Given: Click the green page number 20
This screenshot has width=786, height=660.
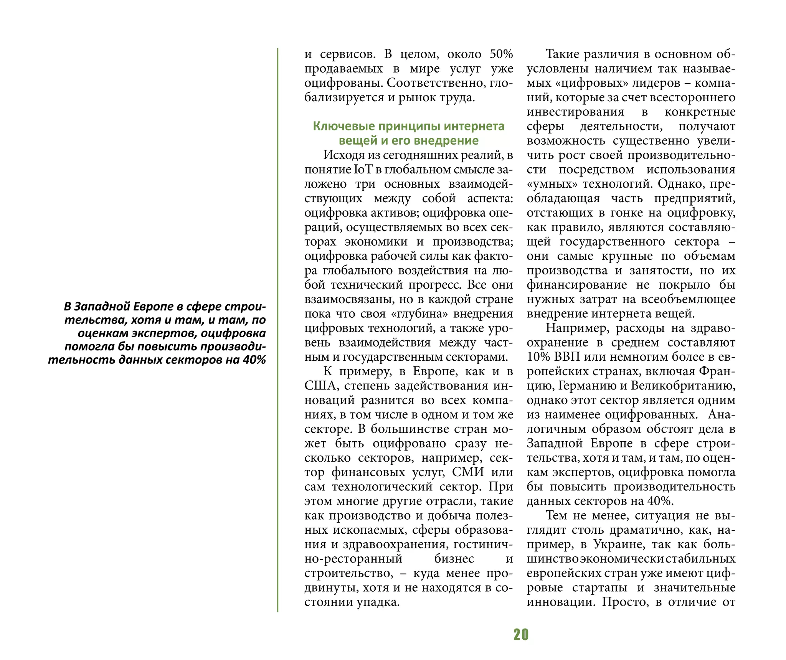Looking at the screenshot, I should pos(521,635).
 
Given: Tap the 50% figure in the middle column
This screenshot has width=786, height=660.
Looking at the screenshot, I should pos(501,54).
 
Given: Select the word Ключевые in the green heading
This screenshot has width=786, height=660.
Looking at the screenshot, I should pos(338,126).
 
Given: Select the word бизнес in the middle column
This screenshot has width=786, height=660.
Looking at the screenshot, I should pos(454,559).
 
